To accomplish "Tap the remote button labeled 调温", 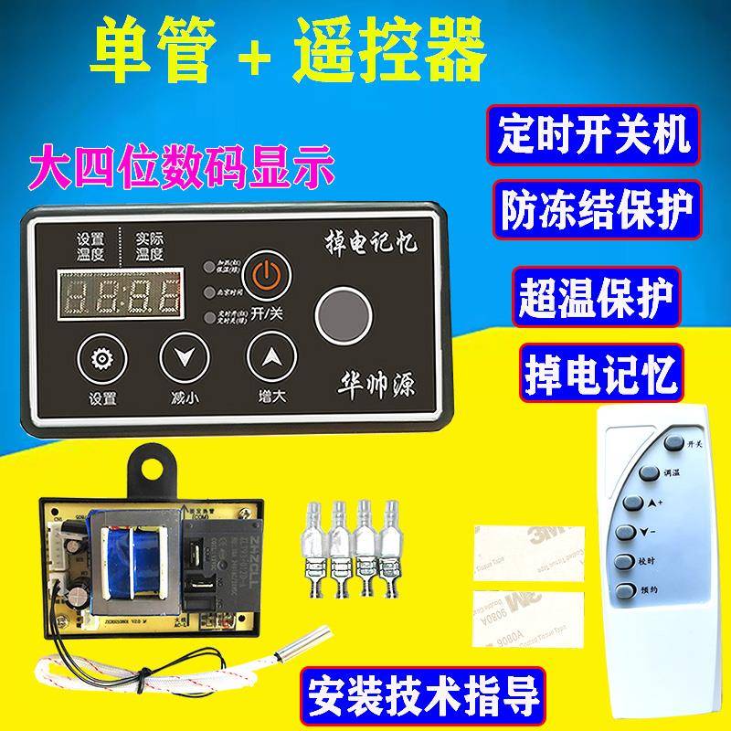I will coord(650,473).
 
